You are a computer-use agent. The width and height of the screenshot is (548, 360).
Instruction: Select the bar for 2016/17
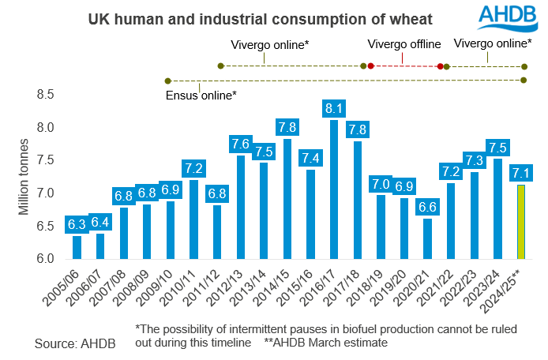point(333,189)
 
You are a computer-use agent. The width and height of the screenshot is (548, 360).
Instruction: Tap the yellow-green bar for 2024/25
point(520,222)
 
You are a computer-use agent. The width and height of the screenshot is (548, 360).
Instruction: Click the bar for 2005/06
point(77,247)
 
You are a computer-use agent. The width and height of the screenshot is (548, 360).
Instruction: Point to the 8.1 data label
point(333,108)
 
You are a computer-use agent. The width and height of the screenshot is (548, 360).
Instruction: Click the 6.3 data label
point(77,225)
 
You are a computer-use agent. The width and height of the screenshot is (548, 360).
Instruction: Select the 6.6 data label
point(427,207)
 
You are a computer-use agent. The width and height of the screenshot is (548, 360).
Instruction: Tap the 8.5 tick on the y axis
point(45,95)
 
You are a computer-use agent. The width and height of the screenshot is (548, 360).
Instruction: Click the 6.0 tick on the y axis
point(45,259)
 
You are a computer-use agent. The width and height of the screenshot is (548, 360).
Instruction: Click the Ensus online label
point(201,96)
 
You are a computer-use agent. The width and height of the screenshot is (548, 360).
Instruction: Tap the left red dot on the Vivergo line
point(370,66)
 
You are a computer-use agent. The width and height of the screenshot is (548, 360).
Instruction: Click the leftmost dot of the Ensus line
point(167,81)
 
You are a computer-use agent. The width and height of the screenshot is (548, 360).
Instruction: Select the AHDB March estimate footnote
point(321,343)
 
